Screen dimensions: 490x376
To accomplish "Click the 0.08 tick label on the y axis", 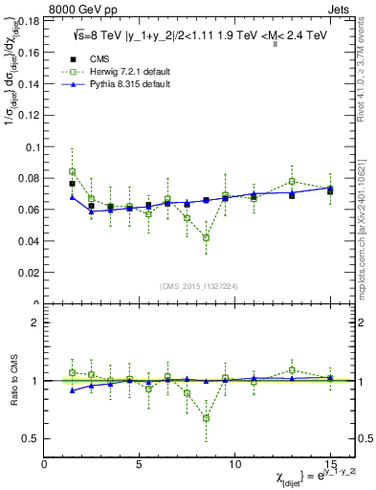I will tap(29, 179).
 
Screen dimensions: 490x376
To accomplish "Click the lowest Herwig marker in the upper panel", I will tap(206, 237).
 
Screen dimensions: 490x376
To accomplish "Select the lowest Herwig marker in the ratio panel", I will tap(206, 418).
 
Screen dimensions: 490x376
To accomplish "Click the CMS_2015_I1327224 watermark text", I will tap(199, 286).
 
